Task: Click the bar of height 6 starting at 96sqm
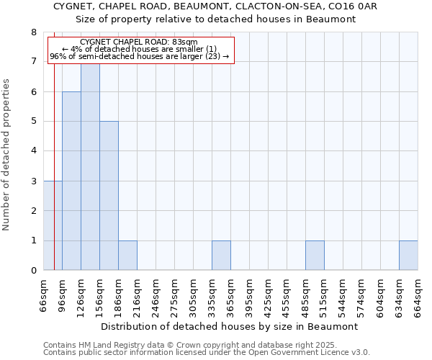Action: tap(71, 181)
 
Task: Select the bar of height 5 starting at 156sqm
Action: tap(109, 196)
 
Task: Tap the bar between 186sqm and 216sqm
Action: tap(127, 256)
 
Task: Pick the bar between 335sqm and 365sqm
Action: tap(221, 256)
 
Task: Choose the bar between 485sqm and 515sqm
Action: tap(315, 256)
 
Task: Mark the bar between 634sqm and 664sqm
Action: tap(408, 256)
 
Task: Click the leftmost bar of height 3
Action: tap(53, 225)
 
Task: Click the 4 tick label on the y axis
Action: tap(34, 151)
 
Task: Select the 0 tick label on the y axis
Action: tap(34, 271)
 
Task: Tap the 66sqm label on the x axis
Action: tap(44, 294)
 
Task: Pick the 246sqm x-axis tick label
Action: tap(156, 294)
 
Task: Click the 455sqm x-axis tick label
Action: tap(287, 294)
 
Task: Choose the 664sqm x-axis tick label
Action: tap(418, 294)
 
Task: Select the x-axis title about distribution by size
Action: tap(230, 326)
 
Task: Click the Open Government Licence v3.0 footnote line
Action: tap(207, 353)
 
